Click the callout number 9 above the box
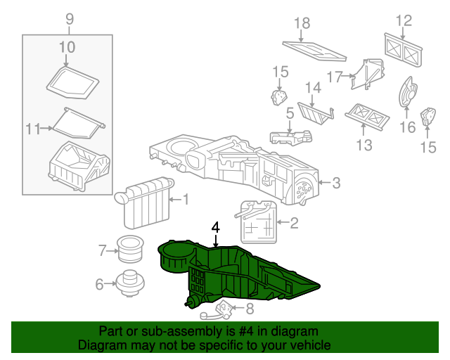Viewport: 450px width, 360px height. tap(69, 19)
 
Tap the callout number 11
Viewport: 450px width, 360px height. tap(32, 128)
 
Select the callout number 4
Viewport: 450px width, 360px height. tap(216, 228)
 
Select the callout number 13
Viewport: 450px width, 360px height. tap(364, 145)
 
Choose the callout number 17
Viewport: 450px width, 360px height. tap(335, 76)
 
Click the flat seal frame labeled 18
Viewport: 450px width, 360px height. tap(314, 51)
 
